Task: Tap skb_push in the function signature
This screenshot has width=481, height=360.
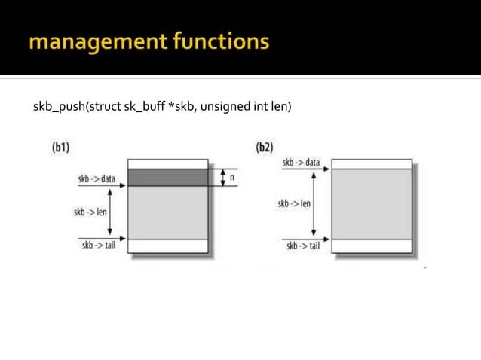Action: point(60,107)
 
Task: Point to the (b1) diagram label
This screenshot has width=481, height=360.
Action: point(62,148)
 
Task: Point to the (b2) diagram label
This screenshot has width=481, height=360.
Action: point(264,148)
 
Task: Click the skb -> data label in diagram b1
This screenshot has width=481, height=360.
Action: point(97,179)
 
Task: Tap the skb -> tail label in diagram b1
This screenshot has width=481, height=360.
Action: point(97,246)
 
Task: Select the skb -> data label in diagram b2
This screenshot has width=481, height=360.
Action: point(301,162)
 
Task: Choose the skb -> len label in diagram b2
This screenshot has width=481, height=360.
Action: point(294,203)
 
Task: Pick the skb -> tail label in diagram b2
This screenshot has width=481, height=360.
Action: point(301,246)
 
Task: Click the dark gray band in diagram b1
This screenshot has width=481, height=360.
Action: point(167,178)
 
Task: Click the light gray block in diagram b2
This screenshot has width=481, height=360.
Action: point(372,204)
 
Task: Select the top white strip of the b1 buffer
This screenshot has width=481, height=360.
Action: point(167,164)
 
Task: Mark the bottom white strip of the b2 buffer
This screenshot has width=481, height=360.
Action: point(372,246)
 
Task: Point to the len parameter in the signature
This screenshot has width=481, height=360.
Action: point(280,107)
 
